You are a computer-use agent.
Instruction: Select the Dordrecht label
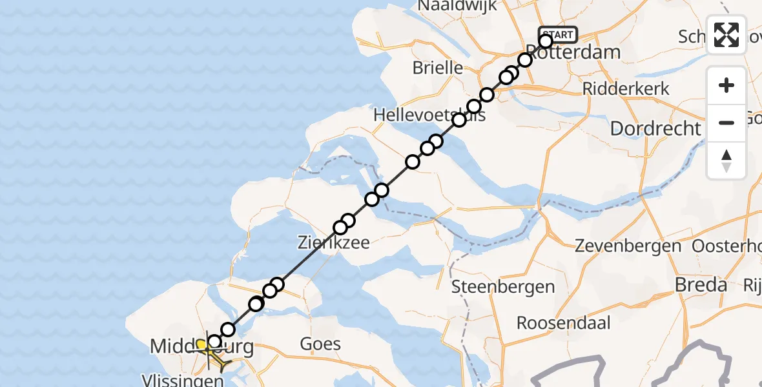coord(655,128)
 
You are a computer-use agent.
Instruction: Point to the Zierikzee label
coord(333,244)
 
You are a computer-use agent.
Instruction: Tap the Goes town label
coord(320,343)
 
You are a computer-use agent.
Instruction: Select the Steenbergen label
coord(503,286)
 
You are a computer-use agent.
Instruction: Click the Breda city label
coord(701,284)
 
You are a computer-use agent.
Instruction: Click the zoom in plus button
coord(726,85)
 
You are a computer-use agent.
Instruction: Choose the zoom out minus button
coord(726,123)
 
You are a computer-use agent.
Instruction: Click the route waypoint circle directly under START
coord(546,42)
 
